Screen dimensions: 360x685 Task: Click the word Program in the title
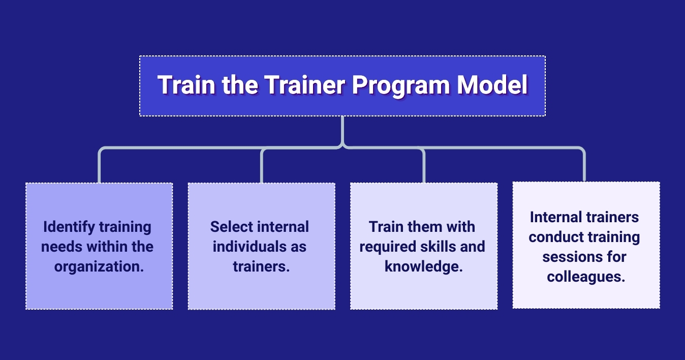[x=401, y=85]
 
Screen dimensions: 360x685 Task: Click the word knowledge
[x=424, y=266]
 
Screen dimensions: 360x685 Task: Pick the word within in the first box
[x=107, y=247]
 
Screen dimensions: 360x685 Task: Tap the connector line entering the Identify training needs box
[x=99, y=168]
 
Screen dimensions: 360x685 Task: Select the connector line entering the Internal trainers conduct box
[x=584, y=168]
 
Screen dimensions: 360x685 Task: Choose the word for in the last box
[x=615, y=257]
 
